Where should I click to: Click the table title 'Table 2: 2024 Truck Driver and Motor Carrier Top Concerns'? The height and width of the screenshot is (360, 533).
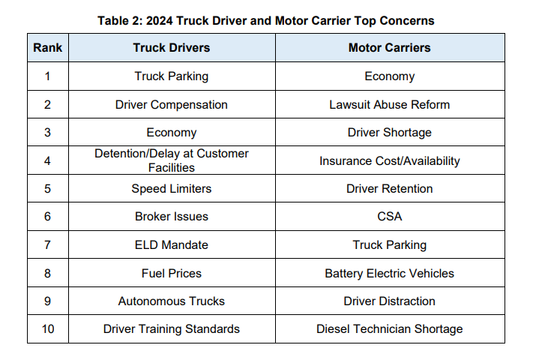(266, 20)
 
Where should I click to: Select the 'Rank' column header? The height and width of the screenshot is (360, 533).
(48, 47)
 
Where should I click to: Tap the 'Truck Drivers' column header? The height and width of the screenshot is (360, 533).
(172, 47)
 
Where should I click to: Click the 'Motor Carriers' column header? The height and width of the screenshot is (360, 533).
(389, 47)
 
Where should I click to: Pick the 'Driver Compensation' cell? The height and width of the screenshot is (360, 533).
(172, 104)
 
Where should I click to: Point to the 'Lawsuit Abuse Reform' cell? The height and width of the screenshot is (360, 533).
(389, 104)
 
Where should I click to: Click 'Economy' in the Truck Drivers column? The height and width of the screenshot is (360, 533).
(172, 133)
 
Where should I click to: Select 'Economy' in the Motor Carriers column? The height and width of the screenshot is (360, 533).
(389, 76)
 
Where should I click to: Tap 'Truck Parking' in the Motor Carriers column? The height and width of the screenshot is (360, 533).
(389, 244)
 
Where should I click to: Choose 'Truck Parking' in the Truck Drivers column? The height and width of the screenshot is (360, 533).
(172, 76)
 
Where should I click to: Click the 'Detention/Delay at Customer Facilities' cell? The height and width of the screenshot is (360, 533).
(172, 160)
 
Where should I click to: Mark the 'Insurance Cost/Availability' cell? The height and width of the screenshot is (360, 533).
(389, 160)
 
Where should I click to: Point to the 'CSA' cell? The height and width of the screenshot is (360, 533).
(389, 216)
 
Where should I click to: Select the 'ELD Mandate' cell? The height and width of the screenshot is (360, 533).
(172, 244)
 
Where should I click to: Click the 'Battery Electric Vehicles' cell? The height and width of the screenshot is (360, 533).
(389, 273)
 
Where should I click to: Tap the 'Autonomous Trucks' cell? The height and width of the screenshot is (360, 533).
(172, 301)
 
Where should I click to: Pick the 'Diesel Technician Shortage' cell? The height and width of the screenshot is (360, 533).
(389, 328)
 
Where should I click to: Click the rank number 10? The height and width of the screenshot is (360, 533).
(48, 328)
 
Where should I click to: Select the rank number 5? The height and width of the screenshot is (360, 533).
(48, 188)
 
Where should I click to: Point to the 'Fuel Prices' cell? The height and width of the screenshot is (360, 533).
(172, 273)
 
